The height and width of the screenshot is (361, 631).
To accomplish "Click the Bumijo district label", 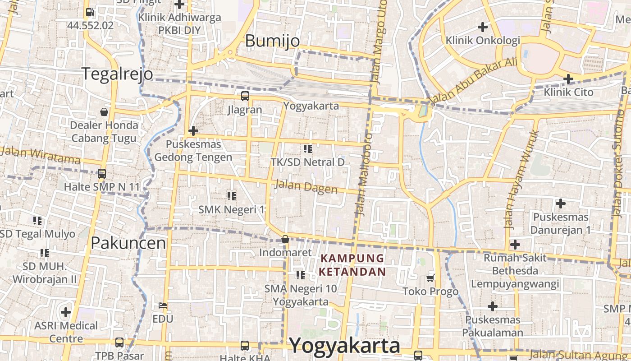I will (x=272, y=41).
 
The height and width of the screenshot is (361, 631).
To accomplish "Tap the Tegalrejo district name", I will (x=117, y=74).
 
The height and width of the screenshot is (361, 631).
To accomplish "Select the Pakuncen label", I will (x=128, y=243).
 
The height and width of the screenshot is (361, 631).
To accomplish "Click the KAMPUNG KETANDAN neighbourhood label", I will (x=352, y=265).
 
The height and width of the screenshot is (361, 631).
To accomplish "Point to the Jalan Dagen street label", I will (x=306, y=186).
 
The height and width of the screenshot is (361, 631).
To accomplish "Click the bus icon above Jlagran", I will (x=245, y=96).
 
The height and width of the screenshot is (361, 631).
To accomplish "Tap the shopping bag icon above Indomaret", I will (x=285, y=239).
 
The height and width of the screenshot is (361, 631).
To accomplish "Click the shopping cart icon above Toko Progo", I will (x=430, y=278).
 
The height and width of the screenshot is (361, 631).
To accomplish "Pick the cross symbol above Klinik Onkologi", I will (x=483, y=27).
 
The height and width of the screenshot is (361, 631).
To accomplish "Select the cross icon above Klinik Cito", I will (x=568, y=79).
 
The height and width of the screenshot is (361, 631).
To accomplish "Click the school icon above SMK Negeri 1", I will (x=232, y=196).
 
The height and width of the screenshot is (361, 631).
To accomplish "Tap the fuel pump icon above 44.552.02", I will (x=90, y=12).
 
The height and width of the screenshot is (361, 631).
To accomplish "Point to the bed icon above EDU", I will (x=163, y=305).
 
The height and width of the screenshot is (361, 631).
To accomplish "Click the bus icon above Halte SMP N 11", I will (x=102, y=173).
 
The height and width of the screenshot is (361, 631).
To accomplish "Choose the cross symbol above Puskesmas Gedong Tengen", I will (x=193, y=131).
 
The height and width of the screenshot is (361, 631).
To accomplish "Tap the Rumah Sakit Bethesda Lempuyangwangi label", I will (x=515, y=271).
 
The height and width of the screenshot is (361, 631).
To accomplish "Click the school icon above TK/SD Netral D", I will (x=308, y=148).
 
